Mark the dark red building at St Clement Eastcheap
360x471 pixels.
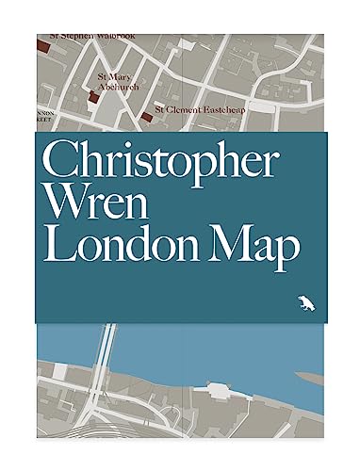point(146,117)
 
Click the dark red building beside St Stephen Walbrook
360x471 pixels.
point(44,44)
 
